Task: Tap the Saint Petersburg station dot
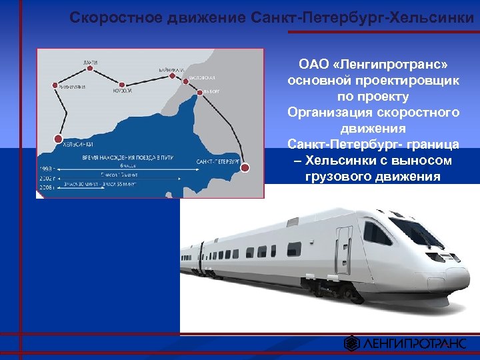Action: click(245, 167)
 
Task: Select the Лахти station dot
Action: click(90, 69)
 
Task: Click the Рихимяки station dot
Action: click(55, 85)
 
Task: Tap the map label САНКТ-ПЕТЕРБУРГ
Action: click(217, 161)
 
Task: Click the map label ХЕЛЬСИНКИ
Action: click(77, 144)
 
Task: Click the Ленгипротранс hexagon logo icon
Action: click(351, 343)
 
